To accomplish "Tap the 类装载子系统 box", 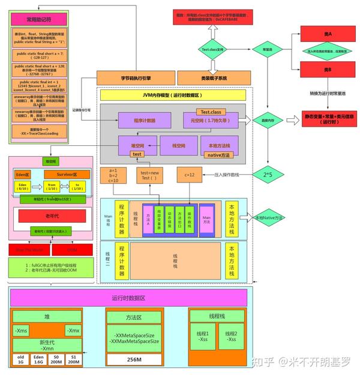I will tap(214, 77).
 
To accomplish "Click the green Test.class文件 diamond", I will tap(214, 50).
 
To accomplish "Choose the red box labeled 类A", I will tap(328, 34).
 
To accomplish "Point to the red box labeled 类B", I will tap(328, 70).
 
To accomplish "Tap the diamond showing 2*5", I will tap(268, 174).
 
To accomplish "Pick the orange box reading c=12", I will tap(190, 174).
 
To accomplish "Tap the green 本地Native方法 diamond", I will tap(268, 217).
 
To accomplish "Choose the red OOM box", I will tap(73, 250).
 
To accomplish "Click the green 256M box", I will tap(134, 359).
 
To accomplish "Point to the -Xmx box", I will tap(73, 331).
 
